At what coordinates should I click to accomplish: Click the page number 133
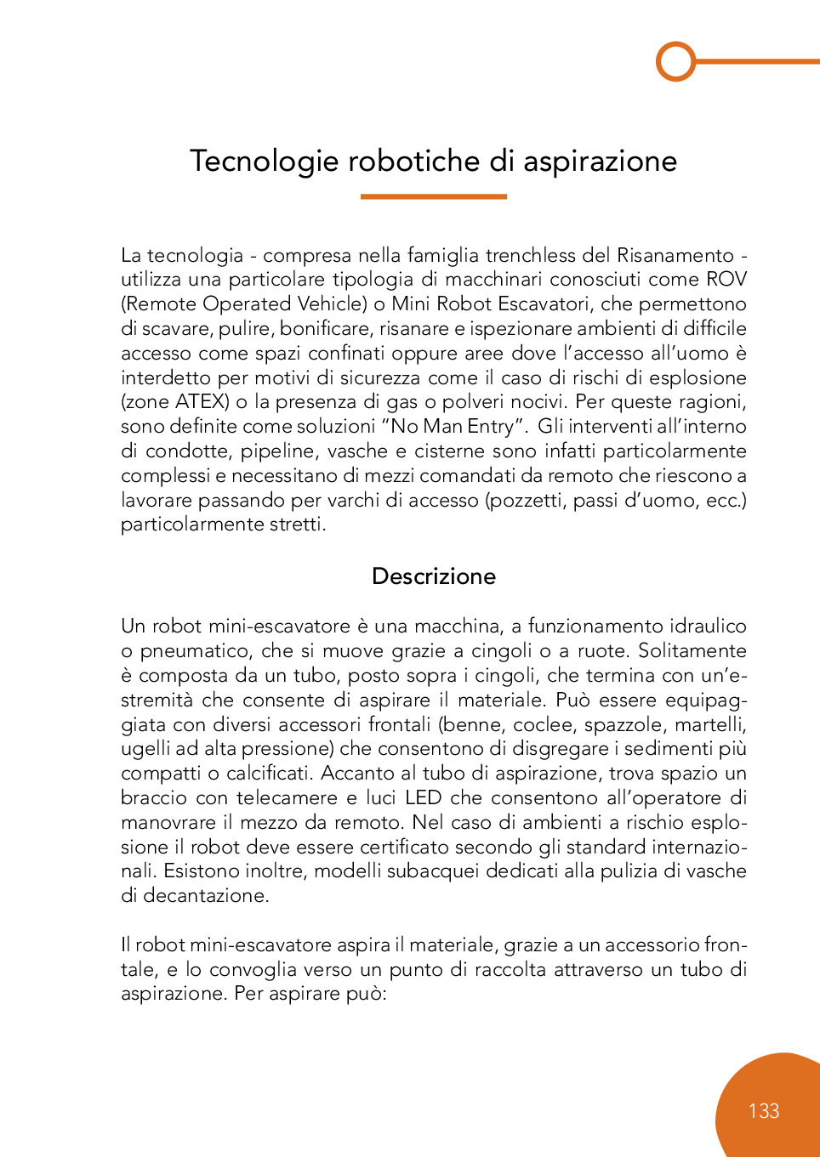764,1111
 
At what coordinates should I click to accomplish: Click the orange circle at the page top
676,61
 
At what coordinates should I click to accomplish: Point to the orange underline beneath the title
433,196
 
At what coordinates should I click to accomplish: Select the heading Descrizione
434,576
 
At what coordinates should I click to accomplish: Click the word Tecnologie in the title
263,162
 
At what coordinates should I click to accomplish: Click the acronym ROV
726,280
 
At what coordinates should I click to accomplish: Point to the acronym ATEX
200,402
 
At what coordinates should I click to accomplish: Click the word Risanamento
675,255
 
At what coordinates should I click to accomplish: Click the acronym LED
423,798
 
